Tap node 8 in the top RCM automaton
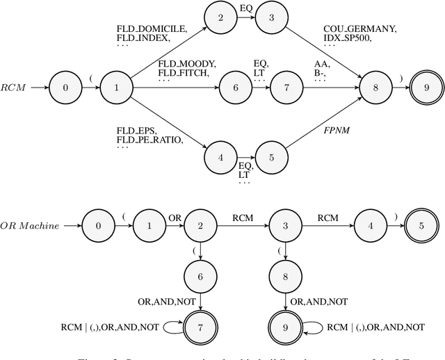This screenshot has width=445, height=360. pos(376,88)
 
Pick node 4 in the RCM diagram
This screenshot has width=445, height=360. pos(220,158)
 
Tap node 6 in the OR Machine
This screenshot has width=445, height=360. pos(202,277)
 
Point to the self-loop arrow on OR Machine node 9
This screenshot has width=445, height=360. pos(313,327)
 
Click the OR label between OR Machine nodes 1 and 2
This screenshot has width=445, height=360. pos(174,218)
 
